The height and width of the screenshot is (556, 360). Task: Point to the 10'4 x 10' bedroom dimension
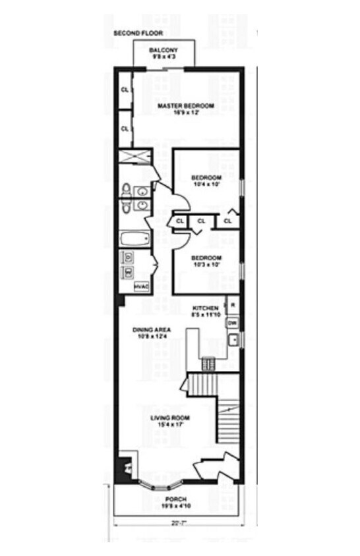206,184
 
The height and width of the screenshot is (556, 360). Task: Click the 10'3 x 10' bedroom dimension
206,265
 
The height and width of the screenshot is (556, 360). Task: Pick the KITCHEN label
205,308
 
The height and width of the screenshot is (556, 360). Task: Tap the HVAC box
142,287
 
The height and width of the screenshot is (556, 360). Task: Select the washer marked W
129,271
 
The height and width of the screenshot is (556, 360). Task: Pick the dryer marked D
129,257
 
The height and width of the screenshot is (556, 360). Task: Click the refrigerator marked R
232,306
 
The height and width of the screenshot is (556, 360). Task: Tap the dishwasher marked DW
232,323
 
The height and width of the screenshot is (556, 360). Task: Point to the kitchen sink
232,340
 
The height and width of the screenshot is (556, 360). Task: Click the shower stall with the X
135,157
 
